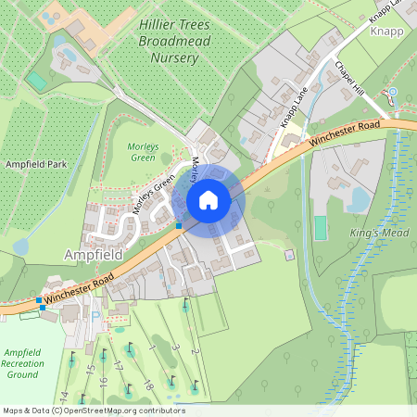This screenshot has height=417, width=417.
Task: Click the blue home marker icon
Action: click(x=208, y=199)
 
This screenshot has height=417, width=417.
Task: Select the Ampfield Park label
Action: click(x=36, y=164)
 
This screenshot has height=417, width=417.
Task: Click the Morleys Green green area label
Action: click(x=143, y=152)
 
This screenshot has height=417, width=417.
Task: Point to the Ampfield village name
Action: click(x=94, y=253)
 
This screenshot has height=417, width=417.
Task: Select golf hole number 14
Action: click(x=64, y=396)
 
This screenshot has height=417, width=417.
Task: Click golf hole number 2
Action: click(x=195, y=350)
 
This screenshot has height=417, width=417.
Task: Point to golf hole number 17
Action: click(x=119, y=366)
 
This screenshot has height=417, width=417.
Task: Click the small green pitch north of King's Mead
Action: click(x=321, y=228)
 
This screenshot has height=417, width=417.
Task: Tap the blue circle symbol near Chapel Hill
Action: click(x=392, y=92)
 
